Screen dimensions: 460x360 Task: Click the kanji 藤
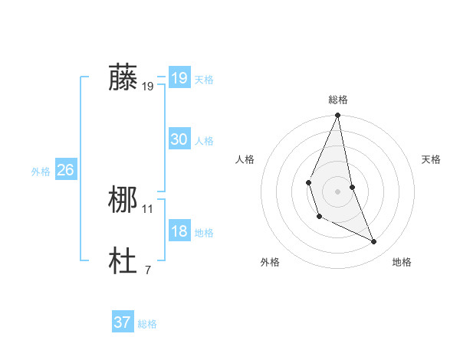pos(123,78)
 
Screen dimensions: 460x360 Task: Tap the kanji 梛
pos(123,201)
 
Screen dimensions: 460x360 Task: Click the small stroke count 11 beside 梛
pos(148,209)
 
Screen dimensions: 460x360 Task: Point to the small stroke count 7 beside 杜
pos(148,270)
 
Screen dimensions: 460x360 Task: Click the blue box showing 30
pos(179,139)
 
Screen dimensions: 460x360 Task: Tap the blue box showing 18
pos(179,231)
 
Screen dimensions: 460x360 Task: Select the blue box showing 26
pos(65,170)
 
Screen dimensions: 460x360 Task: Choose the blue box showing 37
pos(123,322)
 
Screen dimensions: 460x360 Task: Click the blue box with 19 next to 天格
pos(179,78)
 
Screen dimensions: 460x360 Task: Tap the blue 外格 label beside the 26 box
pos(41,172)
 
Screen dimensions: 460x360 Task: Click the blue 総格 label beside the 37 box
pos(147,324)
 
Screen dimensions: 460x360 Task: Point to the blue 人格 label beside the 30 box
pos(204,141)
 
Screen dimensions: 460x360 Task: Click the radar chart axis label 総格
pos(338,100)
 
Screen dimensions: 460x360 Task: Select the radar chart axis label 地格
pos(402,262)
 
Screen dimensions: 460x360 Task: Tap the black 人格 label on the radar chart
pos(245,159)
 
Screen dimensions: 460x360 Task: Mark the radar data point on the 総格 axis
pos(338,116)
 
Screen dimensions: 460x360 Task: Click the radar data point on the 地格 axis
pos(374,241)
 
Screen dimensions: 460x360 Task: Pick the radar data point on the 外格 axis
pos(319,217)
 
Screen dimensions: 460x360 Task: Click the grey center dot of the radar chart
pos(338,191)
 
